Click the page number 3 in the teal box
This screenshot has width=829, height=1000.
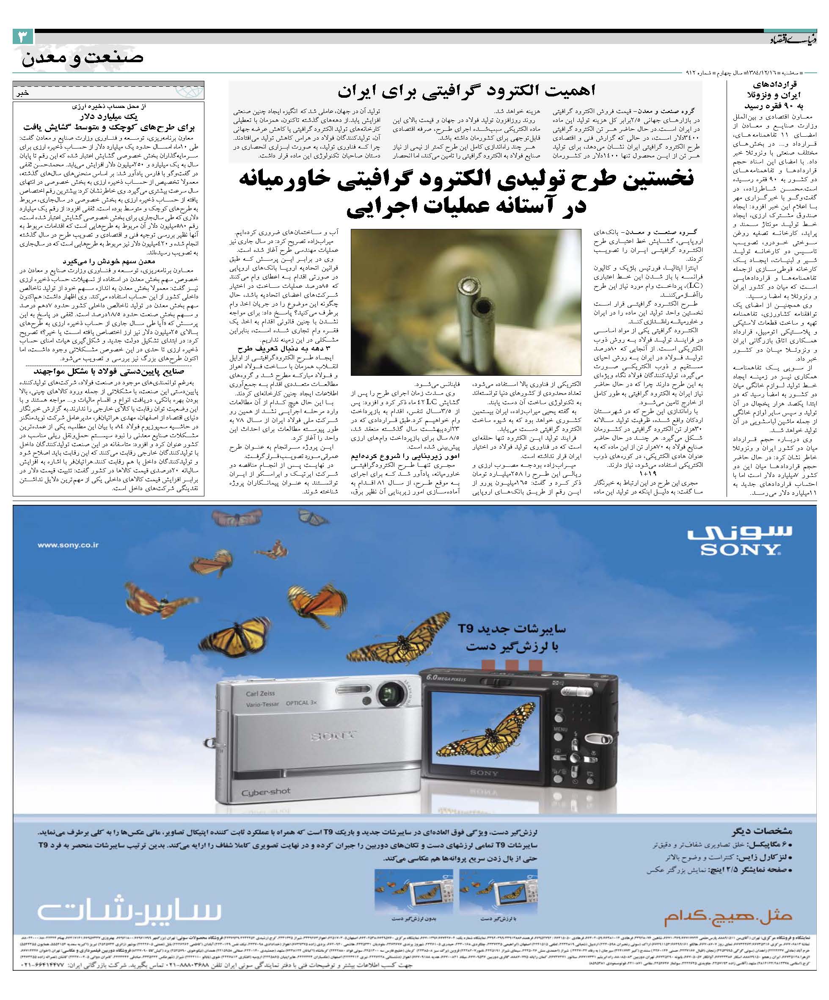click(23, 38)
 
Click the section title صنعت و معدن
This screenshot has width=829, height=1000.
click(82, 58)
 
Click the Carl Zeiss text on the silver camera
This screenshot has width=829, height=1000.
click(260, 693)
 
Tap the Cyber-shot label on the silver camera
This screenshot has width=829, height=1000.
click(266, 792)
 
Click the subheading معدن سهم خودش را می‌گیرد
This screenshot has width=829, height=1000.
click(109, 262)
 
